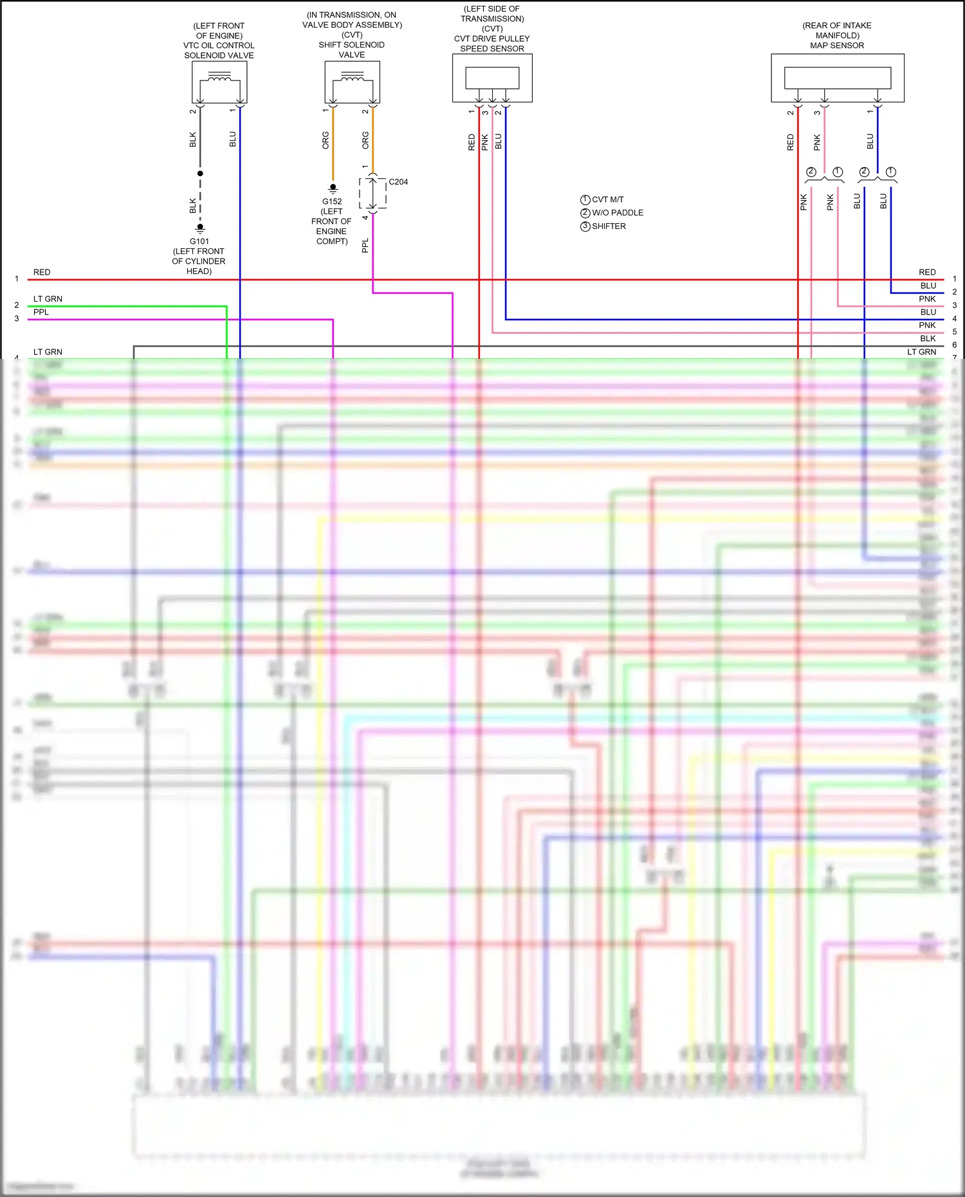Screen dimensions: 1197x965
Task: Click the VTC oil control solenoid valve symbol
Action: click(x=219, y=82)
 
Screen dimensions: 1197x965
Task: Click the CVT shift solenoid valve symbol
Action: click(x=352, y=82)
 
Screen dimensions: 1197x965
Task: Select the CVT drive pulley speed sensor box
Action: click(x=492, y=78)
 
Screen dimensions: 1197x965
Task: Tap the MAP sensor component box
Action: click(x=837, y=78)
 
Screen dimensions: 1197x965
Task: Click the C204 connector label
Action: click(x=398, y=182)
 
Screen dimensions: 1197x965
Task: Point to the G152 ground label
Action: click(x=332, y=201)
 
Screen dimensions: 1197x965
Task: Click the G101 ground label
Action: click(x=199, y=241)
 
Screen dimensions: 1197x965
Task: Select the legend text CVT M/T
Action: click(x=607, y=199)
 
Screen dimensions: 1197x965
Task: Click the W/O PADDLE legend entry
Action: click(x=617, y=213)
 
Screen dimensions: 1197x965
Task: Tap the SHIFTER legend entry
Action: click(x=609, y=226)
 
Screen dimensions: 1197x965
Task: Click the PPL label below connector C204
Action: click(x=365, y=245)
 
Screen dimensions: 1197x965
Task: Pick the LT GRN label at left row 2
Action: click(x=48, y=299)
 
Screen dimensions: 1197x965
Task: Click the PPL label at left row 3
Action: click(x=41, y=312)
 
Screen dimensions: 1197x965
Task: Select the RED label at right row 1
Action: click(x=927, y=272)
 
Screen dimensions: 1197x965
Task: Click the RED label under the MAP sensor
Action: click(x=791, y=142)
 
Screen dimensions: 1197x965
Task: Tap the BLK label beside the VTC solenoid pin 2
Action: click(x=193, y=140)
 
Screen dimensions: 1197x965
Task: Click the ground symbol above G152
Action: click(x=333, y=188)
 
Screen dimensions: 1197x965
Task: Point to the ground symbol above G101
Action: click(x=200, y=228)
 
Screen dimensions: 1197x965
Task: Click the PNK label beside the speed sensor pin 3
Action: click(x=485, y=142)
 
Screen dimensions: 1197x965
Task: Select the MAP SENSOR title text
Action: click(x=837, y=46)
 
